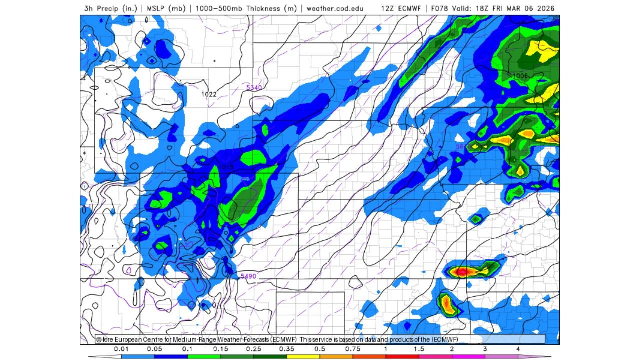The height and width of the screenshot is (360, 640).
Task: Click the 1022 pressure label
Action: click(209, 94)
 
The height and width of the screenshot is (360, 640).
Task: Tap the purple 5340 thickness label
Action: click(254, 88)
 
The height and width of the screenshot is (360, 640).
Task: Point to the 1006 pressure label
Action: click(520, 76)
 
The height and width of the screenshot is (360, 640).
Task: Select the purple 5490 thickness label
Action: click(248, 276)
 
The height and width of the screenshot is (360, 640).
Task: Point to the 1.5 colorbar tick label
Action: click(419, 349)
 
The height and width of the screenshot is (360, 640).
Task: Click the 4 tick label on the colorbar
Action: click(518, 349)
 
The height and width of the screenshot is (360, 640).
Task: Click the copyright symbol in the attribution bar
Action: click(99, 339)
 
